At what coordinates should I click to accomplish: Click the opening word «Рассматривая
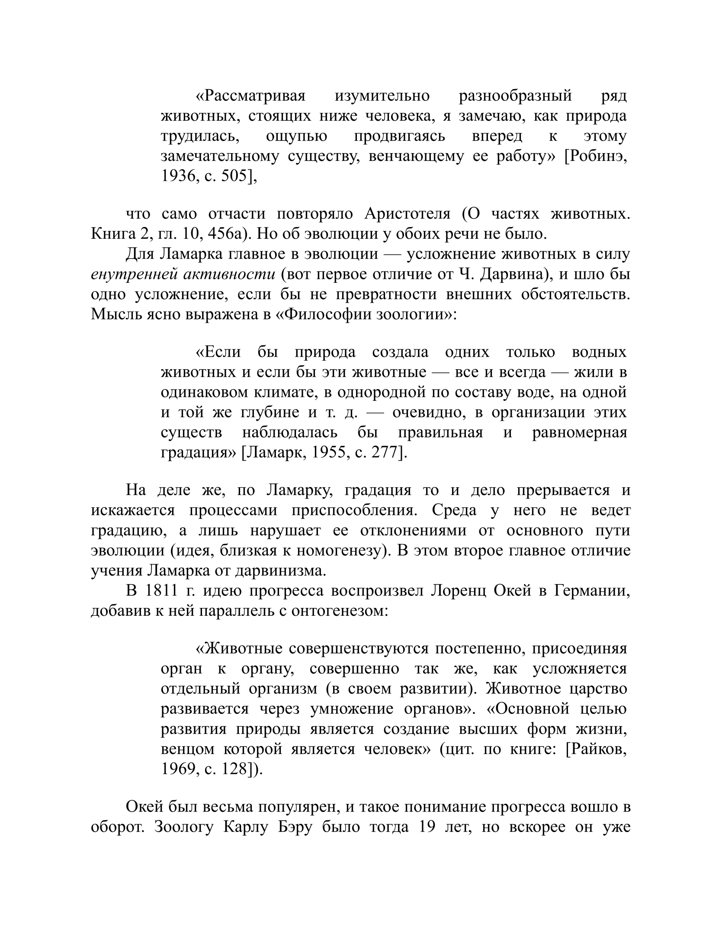251,96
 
